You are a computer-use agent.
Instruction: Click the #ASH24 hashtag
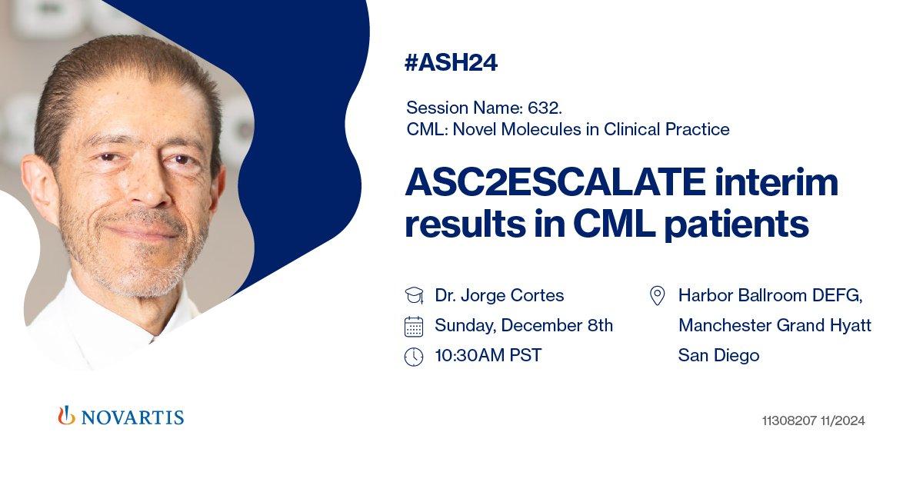tap(452, 62)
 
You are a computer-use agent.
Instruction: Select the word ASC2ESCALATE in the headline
tap(555, 181)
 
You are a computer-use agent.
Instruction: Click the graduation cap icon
tap(414, 295)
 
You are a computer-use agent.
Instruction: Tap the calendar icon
tap(414, 327)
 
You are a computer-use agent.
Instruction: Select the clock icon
tap(414, 357)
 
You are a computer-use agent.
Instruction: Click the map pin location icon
tap(657, 296)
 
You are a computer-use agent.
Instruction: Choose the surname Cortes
tap(537, 295)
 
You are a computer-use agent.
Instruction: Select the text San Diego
tap(718, 355)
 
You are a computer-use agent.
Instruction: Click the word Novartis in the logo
tap(132, 417)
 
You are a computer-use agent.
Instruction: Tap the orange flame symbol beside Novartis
tap(66, 415)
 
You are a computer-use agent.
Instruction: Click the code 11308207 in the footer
tap(789, 421)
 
